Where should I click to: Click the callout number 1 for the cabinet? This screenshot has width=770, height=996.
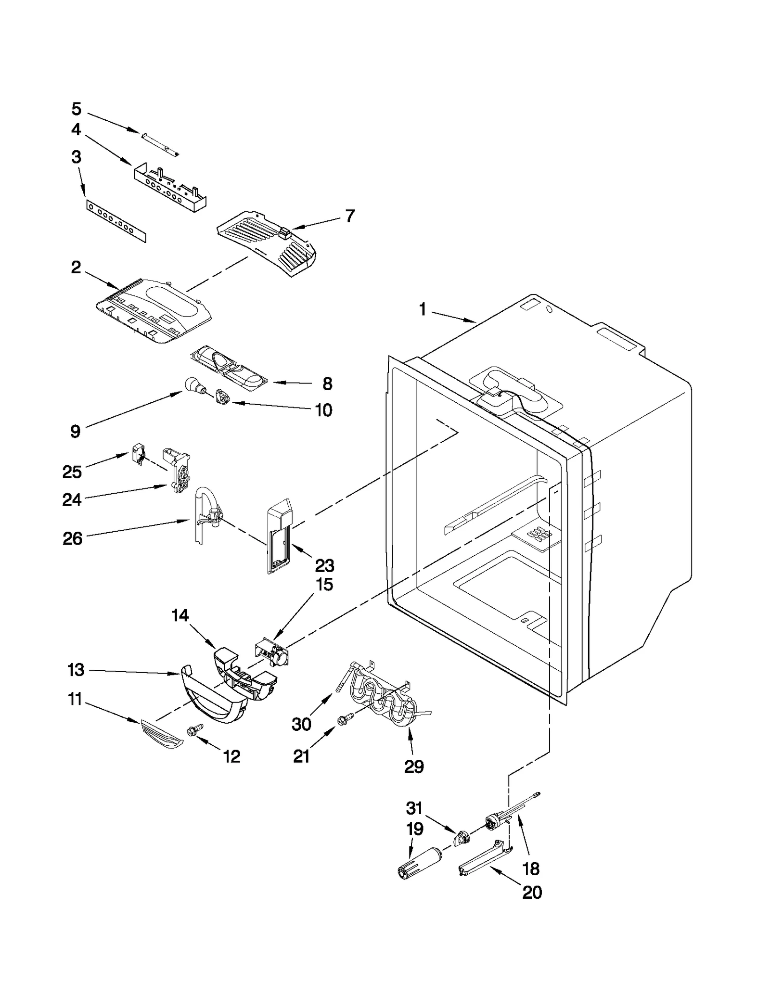pyautogui.click(x=422, y=309)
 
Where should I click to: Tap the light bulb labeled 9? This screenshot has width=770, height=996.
pyautogui.click(x=193, y=385)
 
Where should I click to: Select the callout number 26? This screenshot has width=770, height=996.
pyautogui.click(x=72, y=538)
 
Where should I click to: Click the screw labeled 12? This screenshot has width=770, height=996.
pyautogui.click(x=196, y=730)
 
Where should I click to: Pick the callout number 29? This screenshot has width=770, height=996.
pyautogui.click(x=413, y=766)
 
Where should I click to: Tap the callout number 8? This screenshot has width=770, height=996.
pyautogui.click(x=327, y=383)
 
